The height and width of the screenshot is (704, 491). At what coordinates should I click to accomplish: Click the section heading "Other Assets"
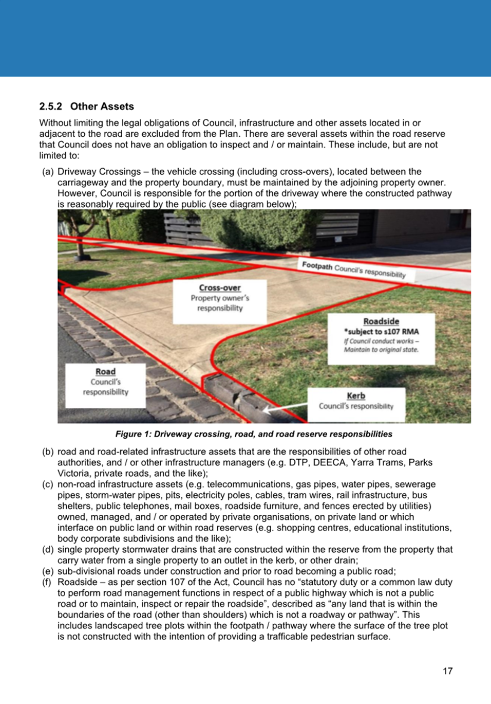coord(102,106)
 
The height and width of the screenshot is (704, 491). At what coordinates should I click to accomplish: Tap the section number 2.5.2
coord(50,106)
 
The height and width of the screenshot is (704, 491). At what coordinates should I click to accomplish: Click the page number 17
coord(447,671)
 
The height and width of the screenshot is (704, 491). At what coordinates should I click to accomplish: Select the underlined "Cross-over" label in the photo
coord(220,288)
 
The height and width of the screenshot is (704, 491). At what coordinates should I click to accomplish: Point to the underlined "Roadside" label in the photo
coord(381,321)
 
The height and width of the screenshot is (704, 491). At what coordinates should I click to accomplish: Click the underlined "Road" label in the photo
coord(105,372)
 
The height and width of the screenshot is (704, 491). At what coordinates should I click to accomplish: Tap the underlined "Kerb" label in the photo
coord(356,396)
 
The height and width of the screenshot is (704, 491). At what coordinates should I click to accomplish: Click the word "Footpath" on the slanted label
coord(317,265)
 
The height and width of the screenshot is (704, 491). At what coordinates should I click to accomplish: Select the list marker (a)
coord(48,172)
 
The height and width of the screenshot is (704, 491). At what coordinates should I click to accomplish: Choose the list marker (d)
coord(48,550)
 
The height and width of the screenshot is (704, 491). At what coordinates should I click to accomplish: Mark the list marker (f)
coord(48,582)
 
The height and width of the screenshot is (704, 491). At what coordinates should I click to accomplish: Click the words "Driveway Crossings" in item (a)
coord(99,172)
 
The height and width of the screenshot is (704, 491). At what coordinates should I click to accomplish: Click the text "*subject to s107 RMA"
coord(381,332)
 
